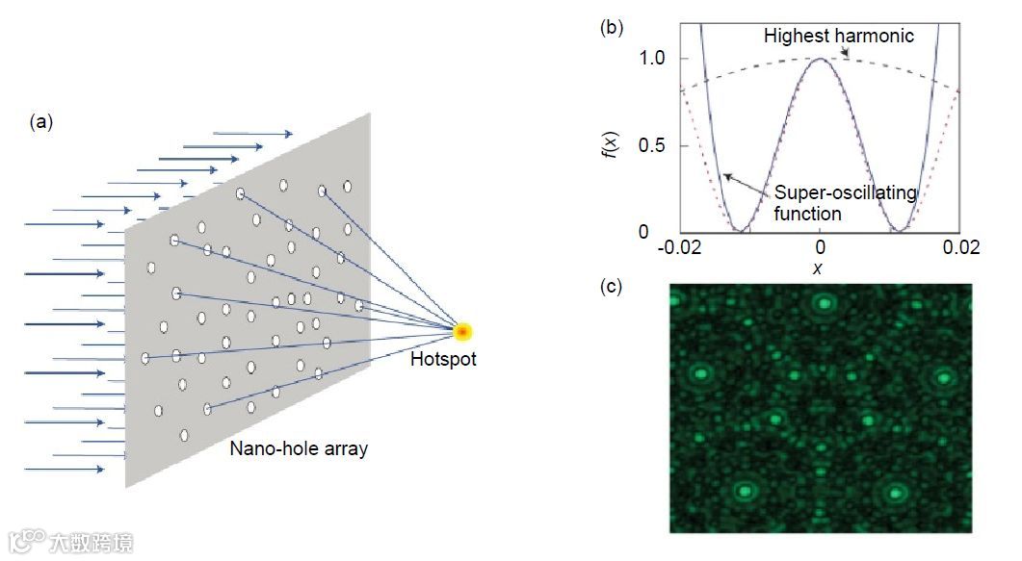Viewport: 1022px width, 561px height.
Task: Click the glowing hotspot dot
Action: tap(463, 333)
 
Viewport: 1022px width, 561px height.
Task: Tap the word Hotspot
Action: tap(443, 360)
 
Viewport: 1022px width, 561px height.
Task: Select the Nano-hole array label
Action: tap(299, 448)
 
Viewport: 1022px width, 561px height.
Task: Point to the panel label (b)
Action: tap(611, 27)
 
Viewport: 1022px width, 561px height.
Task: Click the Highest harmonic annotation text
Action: tap(838, 37)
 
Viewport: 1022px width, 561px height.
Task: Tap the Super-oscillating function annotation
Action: tap(845, 203)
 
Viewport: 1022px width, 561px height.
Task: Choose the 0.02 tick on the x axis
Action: tap(960, 248)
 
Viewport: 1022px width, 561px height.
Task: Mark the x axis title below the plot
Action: tap(819, 268)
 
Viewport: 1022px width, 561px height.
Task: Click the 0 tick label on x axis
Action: tap(819, 248)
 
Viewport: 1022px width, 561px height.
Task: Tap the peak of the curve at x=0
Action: tap(820, 59)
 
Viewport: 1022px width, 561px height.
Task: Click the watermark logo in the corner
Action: tap(69, 541)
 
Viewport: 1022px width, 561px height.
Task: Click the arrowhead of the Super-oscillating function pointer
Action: tap(726, 175)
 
